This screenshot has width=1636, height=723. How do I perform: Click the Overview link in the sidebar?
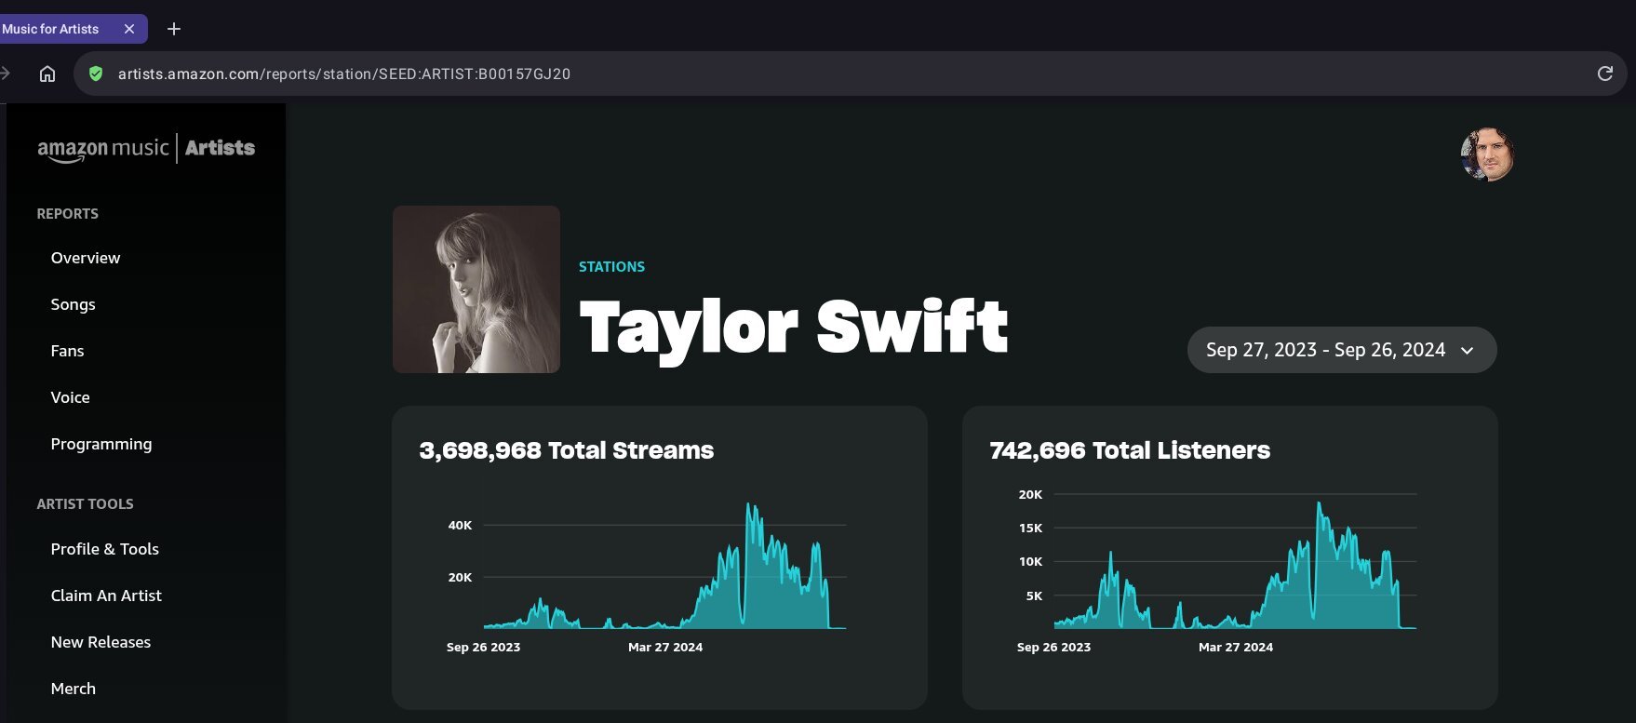[x=86, y=258]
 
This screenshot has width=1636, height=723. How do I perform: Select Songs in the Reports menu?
[x=73, y=304]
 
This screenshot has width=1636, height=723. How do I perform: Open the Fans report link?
[x=67, y=351]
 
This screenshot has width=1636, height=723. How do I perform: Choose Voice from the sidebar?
[x=70, y=397]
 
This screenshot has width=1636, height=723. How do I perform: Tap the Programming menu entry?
[x=101, y=444]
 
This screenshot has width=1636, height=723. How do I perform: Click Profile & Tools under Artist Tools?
[x=104, y=549]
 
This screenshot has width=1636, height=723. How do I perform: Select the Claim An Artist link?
[x=106, y=596]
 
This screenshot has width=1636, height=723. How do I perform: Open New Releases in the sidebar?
[x=101, y=642]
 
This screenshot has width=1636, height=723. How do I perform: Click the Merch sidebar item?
[x=73, y=689]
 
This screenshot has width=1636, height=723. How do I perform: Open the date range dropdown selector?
[x=1341, y=350]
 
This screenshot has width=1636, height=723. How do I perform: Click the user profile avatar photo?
[x=1487, y=154]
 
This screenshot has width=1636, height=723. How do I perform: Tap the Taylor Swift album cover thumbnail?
[x=476, y=289]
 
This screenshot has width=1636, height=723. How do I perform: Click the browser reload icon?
[x=1604, y=74]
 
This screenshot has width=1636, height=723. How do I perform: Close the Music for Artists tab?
[x=129, y=29]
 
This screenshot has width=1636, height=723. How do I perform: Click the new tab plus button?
[x=174, y=29]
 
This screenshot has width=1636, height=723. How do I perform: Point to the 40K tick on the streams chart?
[x=460, y=525]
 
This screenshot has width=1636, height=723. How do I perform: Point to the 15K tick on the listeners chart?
[x=1030, y=528]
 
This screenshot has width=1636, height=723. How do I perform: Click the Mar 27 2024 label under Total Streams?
[x=665, y=647]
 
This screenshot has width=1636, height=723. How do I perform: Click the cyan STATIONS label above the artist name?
[x=611, y=266]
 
